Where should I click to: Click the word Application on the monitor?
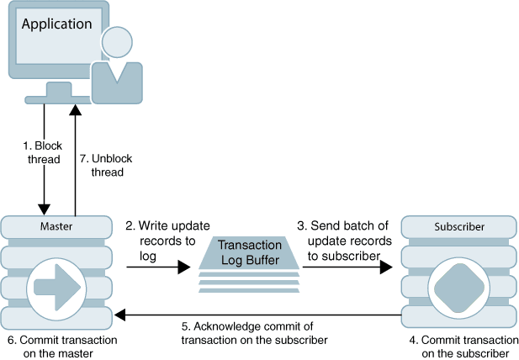coord(56,24)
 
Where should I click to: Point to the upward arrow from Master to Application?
coord(76,160)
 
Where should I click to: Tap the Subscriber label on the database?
coord(458,227)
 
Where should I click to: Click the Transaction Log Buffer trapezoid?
coord(249,251)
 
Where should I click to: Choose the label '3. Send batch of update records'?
coord(344,240)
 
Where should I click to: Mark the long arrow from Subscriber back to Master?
coord(257,315)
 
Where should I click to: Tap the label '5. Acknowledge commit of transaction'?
coord(254,333)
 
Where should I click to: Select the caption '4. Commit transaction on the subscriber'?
coord(461,346)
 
